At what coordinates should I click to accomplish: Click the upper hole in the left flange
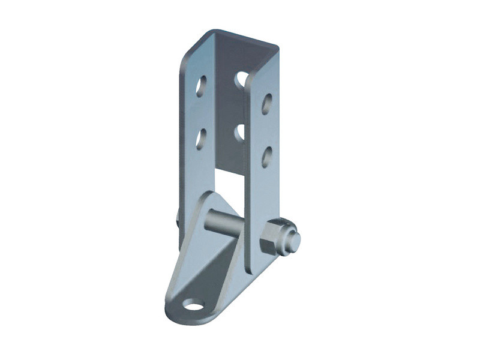pyautogui.click(x=201, y=86)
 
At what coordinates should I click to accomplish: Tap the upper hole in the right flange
pyautogui.click(x=267, y=103)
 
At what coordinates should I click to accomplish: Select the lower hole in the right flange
pyautogui.click(x=267, y=157)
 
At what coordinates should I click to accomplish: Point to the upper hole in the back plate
pyautogui.click(x=241, y=79)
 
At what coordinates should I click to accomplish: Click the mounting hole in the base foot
pyautogui.click(x=193, y=305)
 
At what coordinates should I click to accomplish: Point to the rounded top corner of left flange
pyautogui.click(x=204, y=35)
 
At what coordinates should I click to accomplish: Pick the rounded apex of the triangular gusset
pyautogui.click(x=208, y=196)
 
